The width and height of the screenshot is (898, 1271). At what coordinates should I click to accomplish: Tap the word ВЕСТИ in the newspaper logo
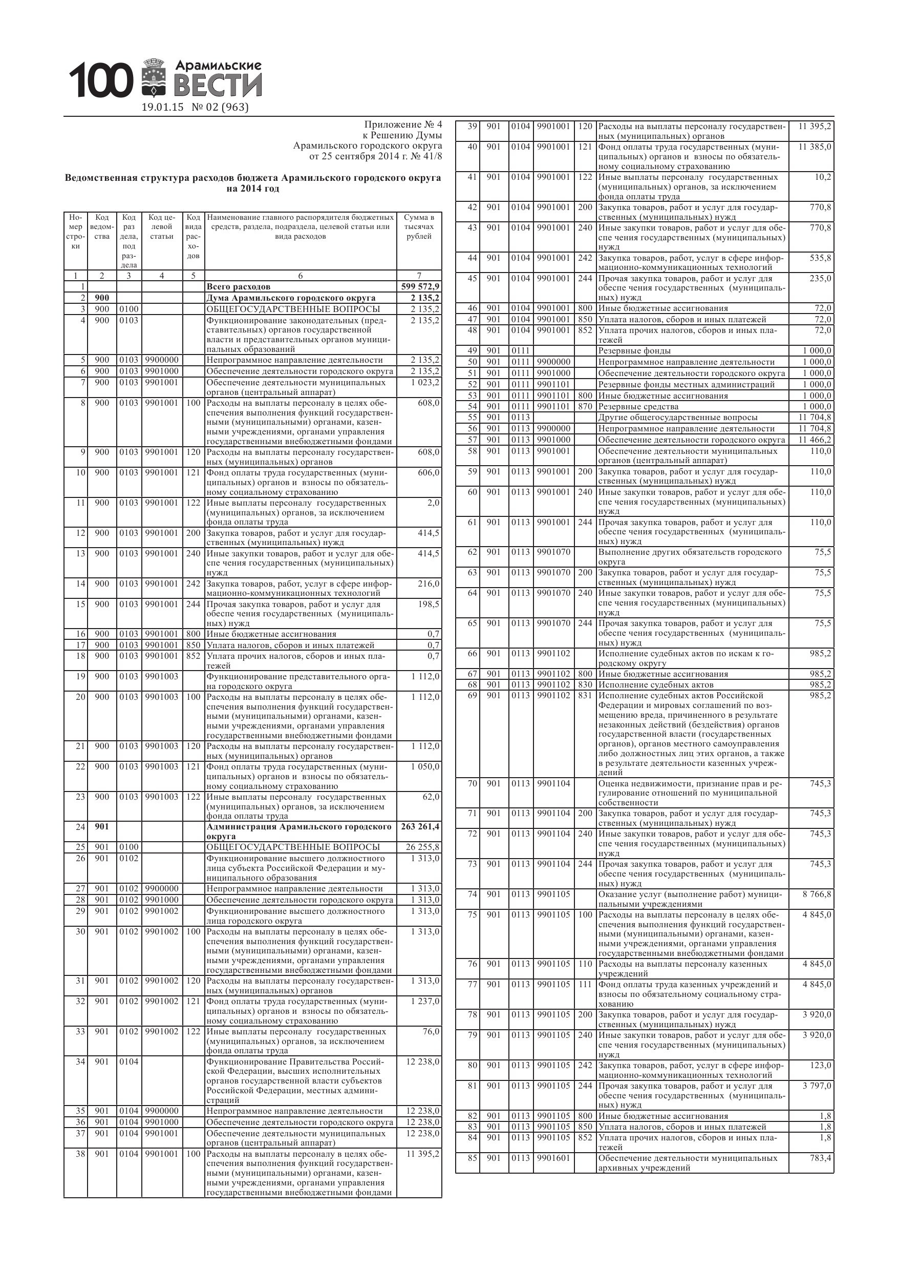tap(218, 86)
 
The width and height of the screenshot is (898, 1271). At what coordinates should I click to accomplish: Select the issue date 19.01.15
tap(162, 108)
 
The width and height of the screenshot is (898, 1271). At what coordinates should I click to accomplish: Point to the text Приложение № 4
tap(403, 125)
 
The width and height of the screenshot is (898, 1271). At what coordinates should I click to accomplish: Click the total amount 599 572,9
tap(419, 287)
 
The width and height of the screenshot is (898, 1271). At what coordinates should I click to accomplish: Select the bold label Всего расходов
tap(239, 287)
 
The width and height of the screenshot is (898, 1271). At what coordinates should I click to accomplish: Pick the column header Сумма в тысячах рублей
tap(419, 227)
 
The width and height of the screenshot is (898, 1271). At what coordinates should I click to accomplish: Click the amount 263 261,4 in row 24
tap(419, 827)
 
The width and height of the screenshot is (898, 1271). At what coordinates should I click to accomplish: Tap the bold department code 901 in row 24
tap(102, 827)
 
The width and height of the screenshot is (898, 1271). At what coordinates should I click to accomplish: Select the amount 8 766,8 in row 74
tap(817, 894)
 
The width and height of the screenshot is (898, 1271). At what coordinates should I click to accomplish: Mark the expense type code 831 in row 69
tap(585, 696)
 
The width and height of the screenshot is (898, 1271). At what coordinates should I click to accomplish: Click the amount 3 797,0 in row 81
tap(817, 1086)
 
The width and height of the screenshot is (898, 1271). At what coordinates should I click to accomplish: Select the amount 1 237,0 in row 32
tap(425, 1002)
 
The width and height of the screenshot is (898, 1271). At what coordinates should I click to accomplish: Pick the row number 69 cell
tap(472, 696)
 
